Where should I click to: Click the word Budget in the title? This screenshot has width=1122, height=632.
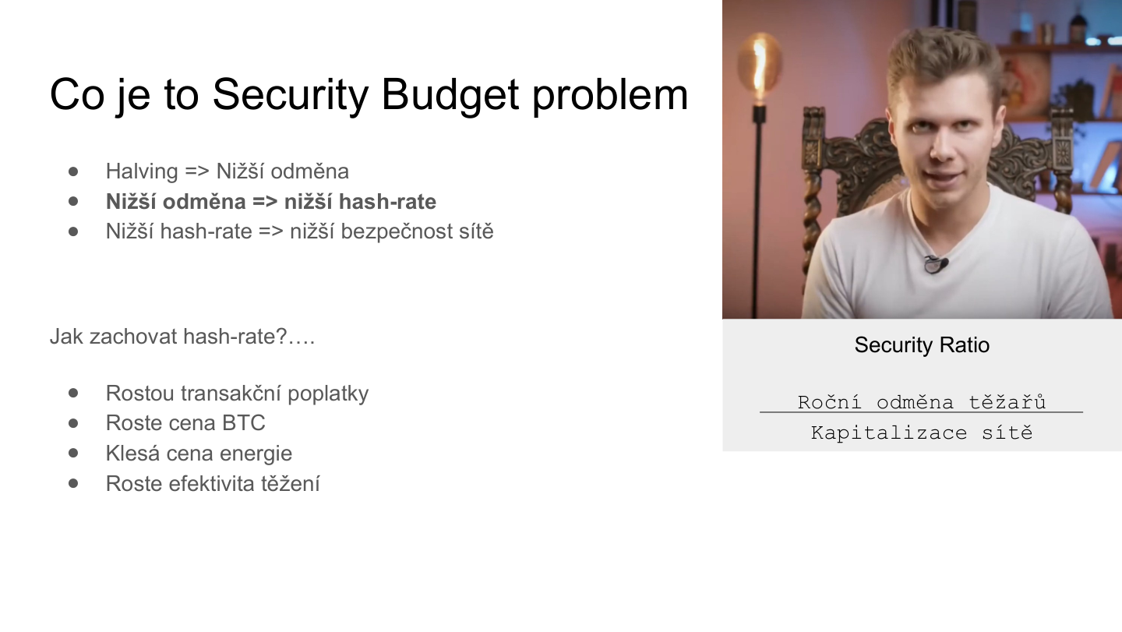(x=450, y=95)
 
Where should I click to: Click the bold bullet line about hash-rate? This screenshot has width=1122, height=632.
(x=270, y=202)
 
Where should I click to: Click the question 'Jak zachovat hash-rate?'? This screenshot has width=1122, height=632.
(x=182, y=337)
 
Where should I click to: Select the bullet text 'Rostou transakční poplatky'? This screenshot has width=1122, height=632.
(x=237, y=394)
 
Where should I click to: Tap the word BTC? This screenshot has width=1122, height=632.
(x=244, y=423)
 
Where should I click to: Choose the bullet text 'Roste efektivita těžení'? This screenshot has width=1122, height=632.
(x=213, y=484)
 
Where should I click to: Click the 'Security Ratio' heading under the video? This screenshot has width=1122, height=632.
(x=922, y=345)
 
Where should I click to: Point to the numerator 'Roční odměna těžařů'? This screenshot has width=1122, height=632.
(x=922, y=402)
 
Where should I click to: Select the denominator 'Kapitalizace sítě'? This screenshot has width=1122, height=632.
(x=922, y=433)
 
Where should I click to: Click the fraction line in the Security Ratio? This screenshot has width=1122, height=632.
(x=922, y=412)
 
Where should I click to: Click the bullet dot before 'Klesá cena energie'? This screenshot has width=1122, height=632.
(x=74, y=453)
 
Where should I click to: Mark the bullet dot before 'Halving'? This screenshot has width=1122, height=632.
(x=74, y=171)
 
